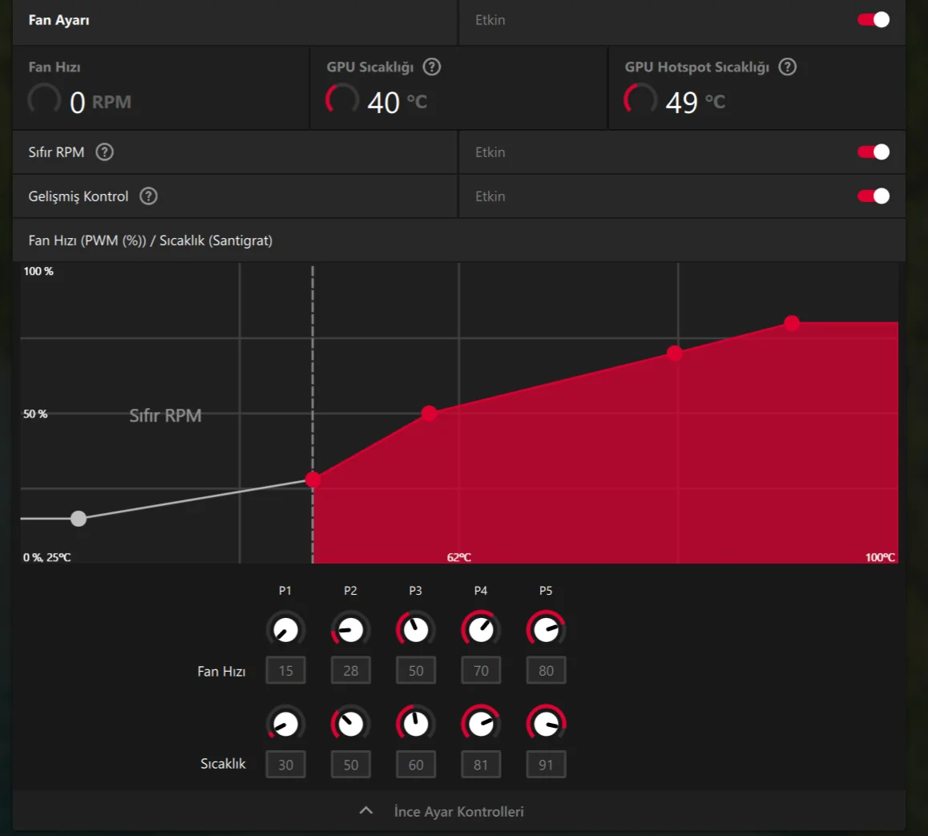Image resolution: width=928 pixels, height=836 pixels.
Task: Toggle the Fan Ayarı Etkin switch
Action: [874, 20]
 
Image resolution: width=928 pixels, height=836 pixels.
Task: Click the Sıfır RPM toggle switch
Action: [874, 152]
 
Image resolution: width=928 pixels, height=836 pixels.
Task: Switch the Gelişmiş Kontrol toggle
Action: [874, 196]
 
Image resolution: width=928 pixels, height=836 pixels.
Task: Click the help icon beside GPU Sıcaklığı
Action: [432, 67]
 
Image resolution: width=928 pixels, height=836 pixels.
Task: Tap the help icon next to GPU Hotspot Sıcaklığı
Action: [788, 67]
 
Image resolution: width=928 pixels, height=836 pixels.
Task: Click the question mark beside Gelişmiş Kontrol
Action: [148, 196]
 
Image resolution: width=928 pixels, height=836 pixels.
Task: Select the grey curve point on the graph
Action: [79, 519]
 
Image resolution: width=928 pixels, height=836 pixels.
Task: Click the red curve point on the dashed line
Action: [313, 480]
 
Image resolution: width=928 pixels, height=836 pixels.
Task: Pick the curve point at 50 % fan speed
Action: [430, 414]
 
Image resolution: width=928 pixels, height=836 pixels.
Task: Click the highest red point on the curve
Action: [792, 323]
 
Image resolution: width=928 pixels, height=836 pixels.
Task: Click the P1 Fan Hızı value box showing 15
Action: [286, 671]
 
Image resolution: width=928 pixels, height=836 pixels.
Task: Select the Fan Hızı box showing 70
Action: [481, 671]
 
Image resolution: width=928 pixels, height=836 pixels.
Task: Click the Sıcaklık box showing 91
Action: [546, 765]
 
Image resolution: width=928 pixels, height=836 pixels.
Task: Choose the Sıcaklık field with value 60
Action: [416, 765]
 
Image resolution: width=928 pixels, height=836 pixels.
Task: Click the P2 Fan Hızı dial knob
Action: [351, 630]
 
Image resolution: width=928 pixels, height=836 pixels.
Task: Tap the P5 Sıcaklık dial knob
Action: [546, 725]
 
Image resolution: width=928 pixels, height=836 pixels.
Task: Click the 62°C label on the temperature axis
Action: [459, 557]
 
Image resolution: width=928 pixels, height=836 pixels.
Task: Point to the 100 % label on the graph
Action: [38, 272]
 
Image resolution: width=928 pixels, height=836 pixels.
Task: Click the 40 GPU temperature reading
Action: [384, 103]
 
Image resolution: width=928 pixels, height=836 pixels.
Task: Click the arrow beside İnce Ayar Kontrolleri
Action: [366, 811]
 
